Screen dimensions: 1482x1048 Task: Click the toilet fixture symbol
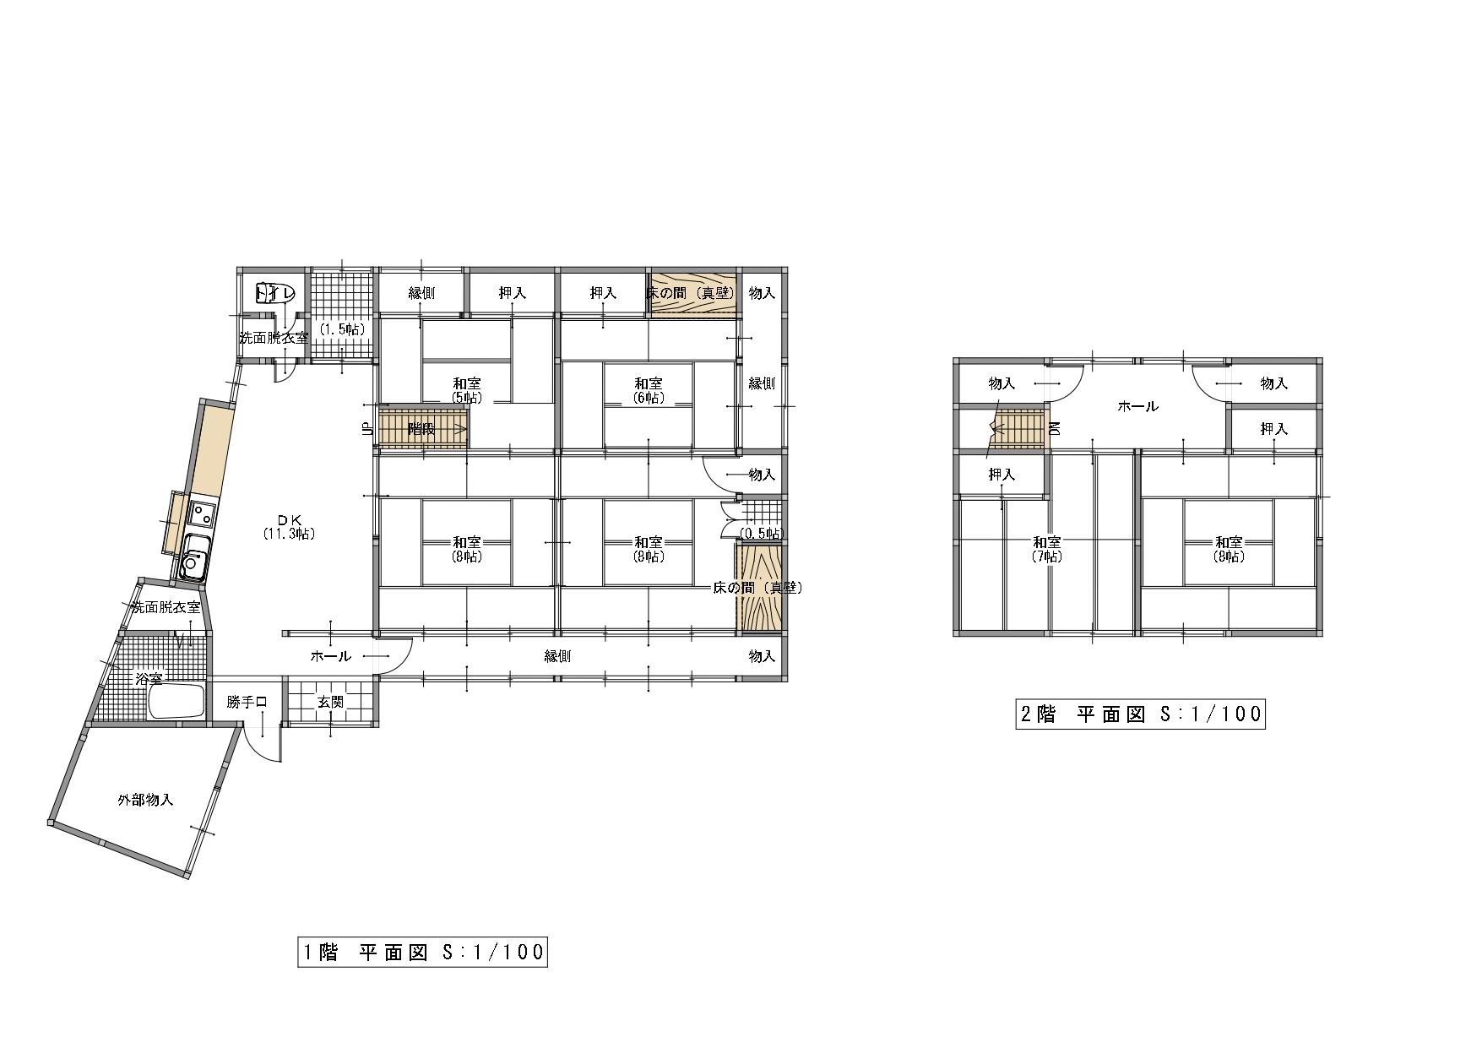[274, 293]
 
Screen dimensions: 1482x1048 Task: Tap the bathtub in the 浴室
[176, 702]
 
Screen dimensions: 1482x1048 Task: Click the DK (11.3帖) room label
[288, 526]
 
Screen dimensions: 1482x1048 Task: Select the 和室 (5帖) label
[467, 390]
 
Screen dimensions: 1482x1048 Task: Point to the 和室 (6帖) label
[649, 390]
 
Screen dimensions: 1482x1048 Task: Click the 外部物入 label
[146, 800]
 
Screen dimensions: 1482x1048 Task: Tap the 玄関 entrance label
[330, 702]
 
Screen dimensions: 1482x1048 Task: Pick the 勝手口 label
[247, 702]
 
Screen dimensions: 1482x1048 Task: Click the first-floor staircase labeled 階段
[423, 429]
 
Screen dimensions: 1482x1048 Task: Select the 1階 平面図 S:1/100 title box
[422, 952]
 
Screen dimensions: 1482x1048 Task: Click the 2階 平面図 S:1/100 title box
[1140, 714]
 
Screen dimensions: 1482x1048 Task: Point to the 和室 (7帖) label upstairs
[1047, 549]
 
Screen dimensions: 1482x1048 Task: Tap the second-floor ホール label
[1137, 406]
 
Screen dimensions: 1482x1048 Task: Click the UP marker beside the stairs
[366, 428]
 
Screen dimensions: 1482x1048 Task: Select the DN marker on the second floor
[1054, 428]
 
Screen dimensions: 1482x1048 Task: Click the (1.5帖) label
[342, 329]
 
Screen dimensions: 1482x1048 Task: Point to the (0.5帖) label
[761, 533]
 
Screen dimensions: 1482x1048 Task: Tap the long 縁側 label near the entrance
[558, 655]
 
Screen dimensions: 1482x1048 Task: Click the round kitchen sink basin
[193, 562]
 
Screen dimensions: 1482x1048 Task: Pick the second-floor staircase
[1018, 429]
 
